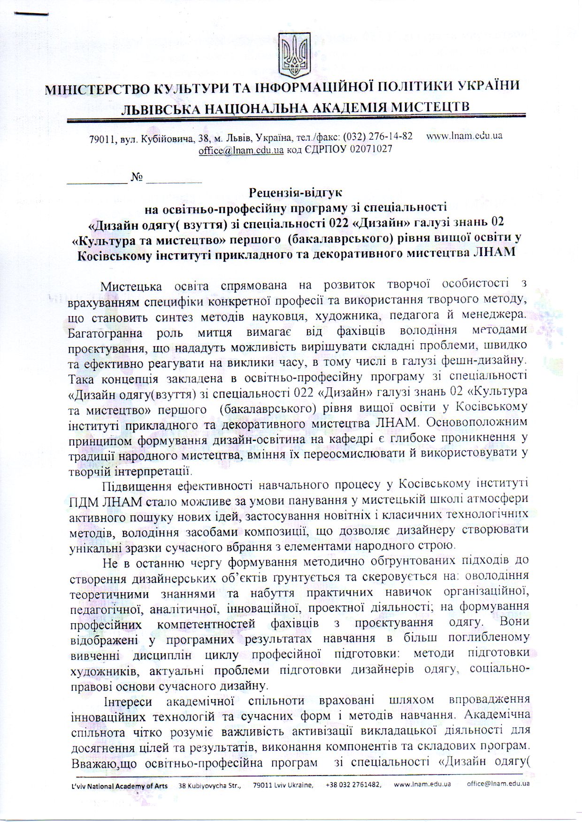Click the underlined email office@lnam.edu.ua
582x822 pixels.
click(x=241, y=150)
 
